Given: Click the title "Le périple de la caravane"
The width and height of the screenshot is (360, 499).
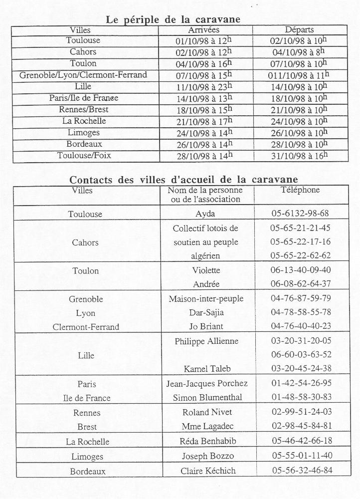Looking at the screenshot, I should [173, 19].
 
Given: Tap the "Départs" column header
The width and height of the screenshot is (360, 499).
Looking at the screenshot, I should [299, 30].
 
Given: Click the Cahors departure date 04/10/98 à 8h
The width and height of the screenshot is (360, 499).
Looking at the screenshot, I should [297, 52].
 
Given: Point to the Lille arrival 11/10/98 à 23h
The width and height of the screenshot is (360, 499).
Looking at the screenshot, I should [204, 86].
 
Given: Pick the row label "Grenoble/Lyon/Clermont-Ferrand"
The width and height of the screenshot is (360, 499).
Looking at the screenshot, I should [83, 75].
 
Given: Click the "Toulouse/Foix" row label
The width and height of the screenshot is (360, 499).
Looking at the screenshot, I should [83, 156].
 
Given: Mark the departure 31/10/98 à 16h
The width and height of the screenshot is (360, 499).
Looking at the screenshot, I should [298, 156].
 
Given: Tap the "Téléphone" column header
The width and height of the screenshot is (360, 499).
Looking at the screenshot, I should [300, 190].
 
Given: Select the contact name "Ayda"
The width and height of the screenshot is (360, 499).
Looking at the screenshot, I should [205, 214].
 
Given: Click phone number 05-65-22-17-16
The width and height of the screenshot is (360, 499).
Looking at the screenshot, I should [300, 242].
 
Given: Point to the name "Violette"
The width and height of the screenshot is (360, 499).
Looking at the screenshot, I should [206, 270].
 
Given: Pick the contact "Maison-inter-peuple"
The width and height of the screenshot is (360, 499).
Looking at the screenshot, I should [206, 299].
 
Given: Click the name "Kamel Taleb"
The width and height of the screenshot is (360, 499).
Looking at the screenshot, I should [206, 369].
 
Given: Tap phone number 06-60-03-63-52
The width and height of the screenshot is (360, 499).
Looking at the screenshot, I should [300, 355].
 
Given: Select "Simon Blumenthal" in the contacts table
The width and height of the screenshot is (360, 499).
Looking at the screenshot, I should [206, 398].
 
